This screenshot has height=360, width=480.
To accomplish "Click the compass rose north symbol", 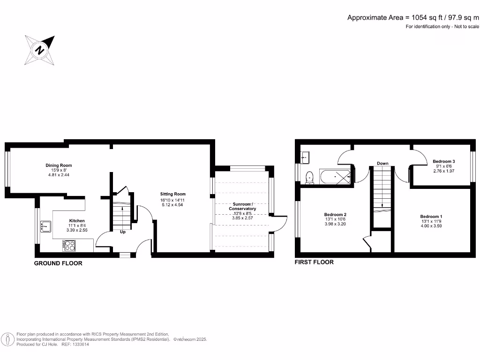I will click(40, 50).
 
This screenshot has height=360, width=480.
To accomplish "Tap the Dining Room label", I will click(59, 165).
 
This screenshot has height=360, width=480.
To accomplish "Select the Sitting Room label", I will click(173, 194).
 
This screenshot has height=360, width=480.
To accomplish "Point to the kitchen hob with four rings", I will click(69, 245).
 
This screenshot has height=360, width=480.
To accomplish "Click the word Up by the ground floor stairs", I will click(123, 232).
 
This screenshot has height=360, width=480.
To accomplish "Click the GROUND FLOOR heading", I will click(58, 263).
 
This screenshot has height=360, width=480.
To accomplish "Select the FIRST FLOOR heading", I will click(314, 262).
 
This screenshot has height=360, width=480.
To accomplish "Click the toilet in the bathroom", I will click(309, 177).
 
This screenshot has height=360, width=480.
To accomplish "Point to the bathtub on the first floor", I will click(336, 177).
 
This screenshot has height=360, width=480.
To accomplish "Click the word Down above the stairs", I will click(382, 164).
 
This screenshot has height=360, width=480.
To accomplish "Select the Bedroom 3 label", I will click(444, 161).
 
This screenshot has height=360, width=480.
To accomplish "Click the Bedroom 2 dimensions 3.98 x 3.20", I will click(335, 224).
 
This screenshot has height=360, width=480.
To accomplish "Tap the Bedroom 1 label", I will click(431, 217).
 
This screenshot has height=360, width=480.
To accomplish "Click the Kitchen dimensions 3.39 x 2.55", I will click(77, 230).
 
